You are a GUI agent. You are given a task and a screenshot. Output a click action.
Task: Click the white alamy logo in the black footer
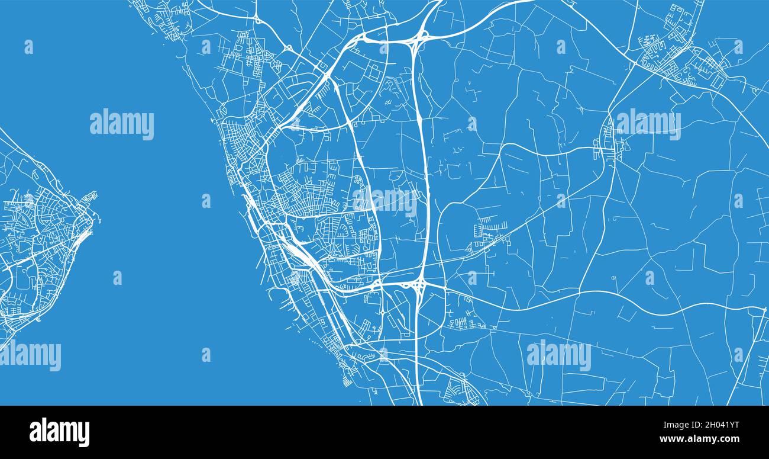pos(59,432)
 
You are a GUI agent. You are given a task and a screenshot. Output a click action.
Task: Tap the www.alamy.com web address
pos(699,439)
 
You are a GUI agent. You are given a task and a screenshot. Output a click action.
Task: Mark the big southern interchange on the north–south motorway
pos(419,287)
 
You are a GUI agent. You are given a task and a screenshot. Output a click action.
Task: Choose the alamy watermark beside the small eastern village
pos(648,124)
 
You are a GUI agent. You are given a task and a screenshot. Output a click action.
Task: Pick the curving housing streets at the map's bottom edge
pos(461,391)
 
